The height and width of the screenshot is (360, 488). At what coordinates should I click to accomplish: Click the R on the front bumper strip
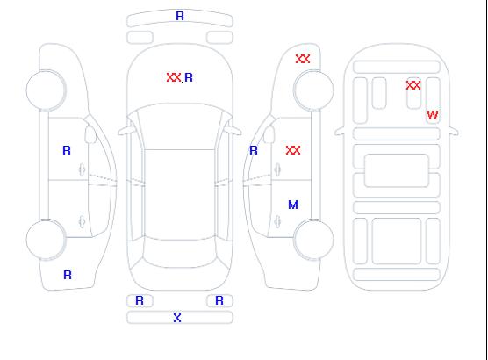pos(180,16)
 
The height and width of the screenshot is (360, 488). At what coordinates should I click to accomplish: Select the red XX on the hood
pos(174,77)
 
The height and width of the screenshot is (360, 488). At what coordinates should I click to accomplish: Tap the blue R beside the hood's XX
pos(189,77)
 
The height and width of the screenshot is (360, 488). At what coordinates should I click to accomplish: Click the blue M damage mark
pos(293,205)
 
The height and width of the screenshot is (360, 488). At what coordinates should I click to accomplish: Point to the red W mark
pos(433,115)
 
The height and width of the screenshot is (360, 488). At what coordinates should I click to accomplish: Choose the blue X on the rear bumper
pos(177,318)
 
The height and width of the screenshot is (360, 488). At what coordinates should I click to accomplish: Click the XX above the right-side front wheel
pos(303,59)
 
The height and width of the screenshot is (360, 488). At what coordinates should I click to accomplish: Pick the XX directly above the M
pos(293,150)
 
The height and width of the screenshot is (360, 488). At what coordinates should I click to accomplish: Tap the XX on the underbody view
pos(413,85)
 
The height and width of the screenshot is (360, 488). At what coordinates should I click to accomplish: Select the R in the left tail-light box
pos(140,300)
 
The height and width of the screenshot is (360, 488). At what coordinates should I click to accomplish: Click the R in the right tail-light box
pos(219,300)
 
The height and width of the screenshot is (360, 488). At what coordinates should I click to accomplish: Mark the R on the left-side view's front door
pos(67,150)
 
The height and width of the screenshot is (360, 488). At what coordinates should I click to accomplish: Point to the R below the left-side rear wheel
pos(68,275)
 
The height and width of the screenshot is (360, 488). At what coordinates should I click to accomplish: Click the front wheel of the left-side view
pos(46,90)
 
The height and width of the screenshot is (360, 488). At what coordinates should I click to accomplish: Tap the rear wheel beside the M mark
pos(313,240)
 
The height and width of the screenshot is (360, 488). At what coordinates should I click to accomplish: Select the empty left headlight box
pos(140,38)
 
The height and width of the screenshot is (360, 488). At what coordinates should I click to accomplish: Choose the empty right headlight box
pos(219,38)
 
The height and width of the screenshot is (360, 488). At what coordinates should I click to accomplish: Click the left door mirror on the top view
pos(126,131)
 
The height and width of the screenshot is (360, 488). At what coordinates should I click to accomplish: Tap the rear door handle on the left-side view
pos(82,221)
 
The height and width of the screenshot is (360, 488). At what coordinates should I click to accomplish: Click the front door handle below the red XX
pos(277,169)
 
